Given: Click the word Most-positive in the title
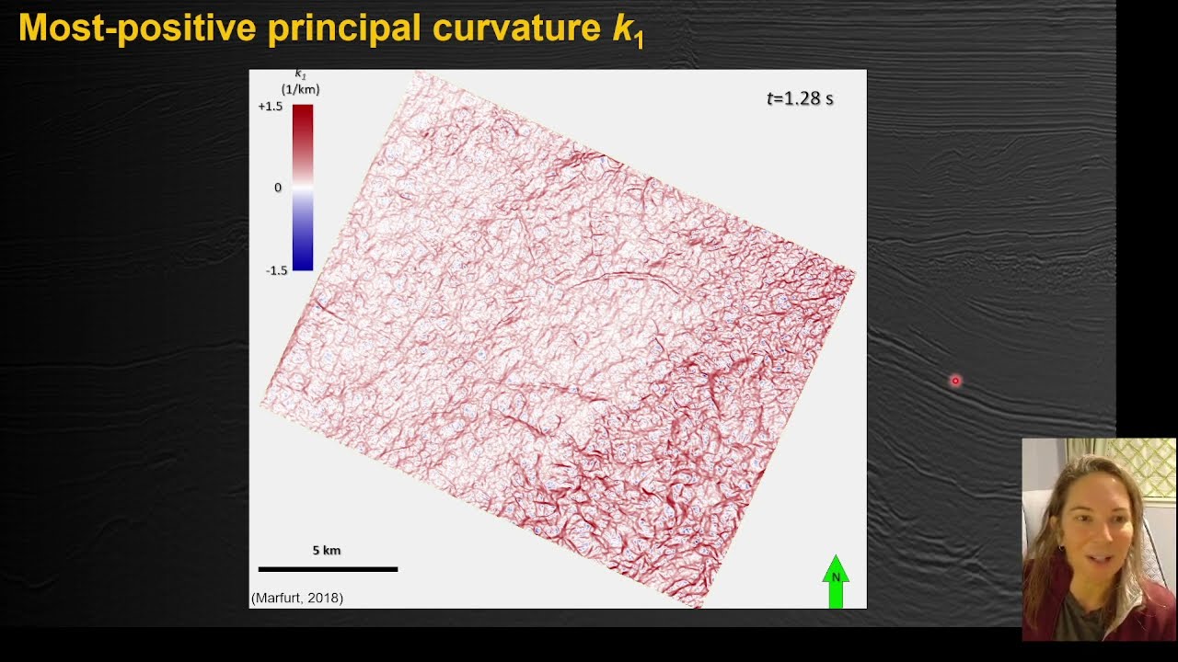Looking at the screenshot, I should coord(136,28).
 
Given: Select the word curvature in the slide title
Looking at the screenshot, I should coord(520,28).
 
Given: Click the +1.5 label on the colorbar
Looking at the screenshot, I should coord(271,107).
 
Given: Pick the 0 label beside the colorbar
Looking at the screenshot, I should coord(278,188).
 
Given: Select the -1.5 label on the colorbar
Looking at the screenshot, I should coord(276,270).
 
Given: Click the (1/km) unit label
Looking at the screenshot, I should coord(301,90).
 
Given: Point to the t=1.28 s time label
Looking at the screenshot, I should coord(800,98).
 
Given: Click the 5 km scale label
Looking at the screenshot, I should coord(327,551).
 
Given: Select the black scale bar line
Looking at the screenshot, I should coord(328,569).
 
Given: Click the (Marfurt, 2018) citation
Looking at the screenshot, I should coord(297,599).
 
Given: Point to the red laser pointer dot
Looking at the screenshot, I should coord(955,381).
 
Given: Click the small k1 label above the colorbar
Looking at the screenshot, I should coord(300,74).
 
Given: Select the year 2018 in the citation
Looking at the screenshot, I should coord(323,599).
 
